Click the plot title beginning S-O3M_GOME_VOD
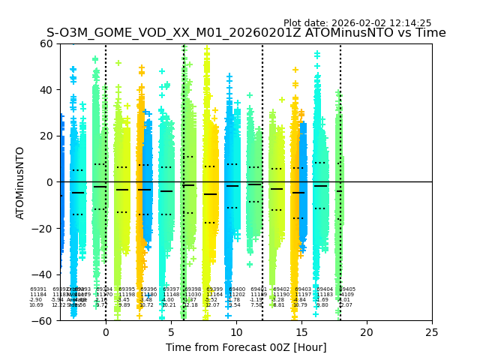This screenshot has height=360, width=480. tap(246, 33)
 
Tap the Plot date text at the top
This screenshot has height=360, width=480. tap(357, 23)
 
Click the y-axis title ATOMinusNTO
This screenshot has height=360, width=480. tap(20, 182)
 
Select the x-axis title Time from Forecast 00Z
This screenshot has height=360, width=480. tap(246, 347)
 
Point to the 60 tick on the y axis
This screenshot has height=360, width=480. tap(46, 43)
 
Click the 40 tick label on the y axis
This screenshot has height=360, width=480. tap(46, 90)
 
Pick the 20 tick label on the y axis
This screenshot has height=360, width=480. tap(46, 136)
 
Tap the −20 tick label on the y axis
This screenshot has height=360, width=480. tap(43, 228)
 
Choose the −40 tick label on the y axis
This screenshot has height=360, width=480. tap(43, 274)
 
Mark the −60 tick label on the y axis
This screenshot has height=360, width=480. tap(43, 320)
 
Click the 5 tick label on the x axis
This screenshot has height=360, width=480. tap(171, 332)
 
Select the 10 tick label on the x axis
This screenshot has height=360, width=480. tap(236, 332)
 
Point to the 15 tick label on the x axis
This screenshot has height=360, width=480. tap(301, 332)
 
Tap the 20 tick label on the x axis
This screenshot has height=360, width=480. tap(367, 332)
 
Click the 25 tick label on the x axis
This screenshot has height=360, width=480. tap(432, 332)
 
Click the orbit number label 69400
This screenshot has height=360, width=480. tap(237, 289)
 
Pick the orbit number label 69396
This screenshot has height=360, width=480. tap(148, 289)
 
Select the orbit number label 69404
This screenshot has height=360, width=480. tap(325, 289)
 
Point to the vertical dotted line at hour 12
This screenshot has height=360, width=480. tap(262, 112)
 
